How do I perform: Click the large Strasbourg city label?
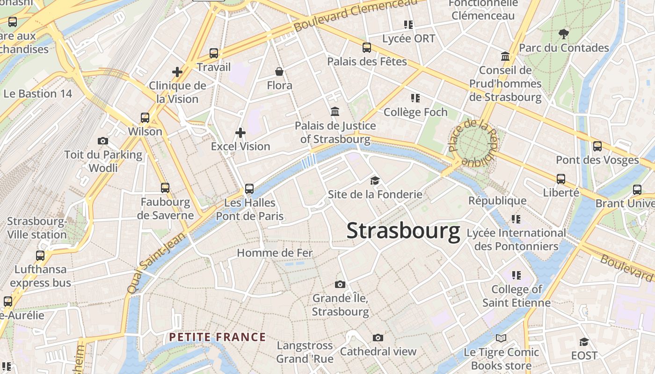pos(403,231)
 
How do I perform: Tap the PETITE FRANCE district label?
pos(218,337)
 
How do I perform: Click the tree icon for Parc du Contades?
pos(564,34)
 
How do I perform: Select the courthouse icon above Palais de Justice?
pos(335,112)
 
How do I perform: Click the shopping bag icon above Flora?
pos(279,72)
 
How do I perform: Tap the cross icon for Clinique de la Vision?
pos(177,72)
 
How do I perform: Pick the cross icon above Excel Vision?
pos(240,133)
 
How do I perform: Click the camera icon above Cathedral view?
pos(378,338)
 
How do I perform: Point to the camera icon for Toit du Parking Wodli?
pos(103,141)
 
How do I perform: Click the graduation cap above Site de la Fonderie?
pos(375,180)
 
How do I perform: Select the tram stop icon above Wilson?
pos(145,118)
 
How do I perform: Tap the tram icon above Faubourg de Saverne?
pos(165,188)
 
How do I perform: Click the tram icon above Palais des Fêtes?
pos(367,48)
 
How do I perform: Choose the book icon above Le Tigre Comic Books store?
pos(501,338)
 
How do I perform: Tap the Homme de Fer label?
pos(275,253)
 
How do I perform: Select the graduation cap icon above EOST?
pos(584,342)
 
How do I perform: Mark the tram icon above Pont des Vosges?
pos(597,146)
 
